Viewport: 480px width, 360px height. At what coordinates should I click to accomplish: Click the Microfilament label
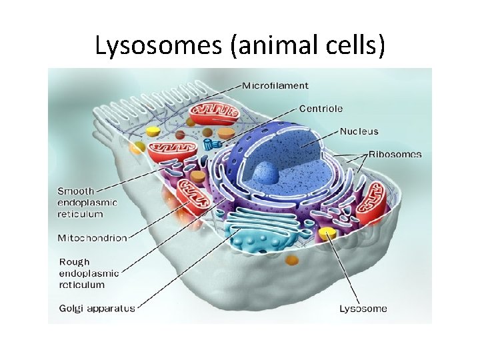click(x=275, y=85)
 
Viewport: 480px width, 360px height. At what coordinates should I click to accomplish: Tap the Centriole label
click(x=321, y=108)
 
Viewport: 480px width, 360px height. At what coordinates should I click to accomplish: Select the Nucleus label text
click(x=359, y=131)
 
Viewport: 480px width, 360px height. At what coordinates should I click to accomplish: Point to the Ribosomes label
click(x=396, y=154)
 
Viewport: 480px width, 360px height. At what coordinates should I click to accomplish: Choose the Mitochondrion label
click(x=92, y=238)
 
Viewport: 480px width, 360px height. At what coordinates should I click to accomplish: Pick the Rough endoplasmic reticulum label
click(x=89, y=273)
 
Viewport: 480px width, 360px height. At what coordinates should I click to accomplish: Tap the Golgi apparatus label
click(x=97, y=308)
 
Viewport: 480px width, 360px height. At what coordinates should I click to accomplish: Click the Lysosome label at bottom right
click(x=363, y=308)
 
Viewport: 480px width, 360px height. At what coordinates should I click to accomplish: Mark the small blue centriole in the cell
click(x=212, y=144)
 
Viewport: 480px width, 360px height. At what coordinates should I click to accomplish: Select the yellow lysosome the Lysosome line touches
click(x=327, y=233)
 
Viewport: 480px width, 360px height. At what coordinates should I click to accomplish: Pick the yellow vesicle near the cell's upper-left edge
click(x=153, y=131)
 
